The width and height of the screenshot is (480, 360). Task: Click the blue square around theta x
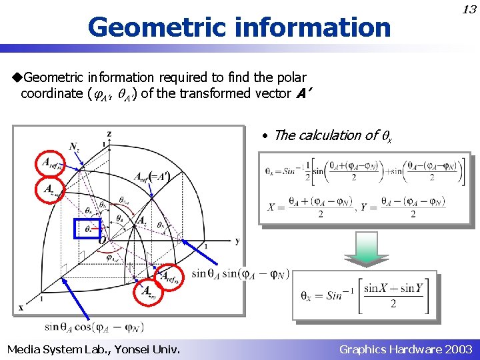coord(87,229)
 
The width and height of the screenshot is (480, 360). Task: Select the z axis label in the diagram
coord(109,134)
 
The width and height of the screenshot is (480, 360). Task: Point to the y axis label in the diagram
coord(237,240)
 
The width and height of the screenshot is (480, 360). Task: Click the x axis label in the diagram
coord(21,307)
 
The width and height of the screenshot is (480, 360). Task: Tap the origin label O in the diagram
coord(102,239)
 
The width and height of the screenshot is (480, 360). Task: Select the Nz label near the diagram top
coord(75,147)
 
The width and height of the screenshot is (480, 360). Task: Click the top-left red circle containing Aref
coord(51,163)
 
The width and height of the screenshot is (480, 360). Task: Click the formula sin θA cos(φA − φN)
coord(94,327)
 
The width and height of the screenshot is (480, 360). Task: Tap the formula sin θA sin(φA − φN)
coord(240,273)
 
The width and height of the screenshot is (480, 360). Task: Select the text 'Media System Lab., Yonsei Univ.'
coord(93,349)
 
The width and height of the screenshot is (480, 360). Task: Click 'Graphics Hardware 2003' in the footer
coord(405,349)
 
